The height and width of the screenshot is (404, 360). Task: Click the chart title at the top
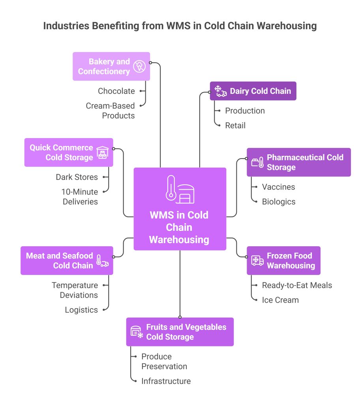pos(180,26)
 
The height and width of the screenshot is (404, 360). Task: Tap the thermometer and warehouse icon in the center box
pos(180,189)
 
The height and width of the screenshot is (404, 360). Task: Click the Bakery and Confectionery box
pos(111,66)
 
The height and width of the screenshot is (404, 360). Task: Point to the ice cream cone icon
pos(139,66)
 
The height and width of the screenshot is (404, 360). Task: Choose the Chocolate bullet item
pos(116,91)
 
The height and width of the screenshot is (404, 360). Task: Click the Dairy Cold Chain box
pos(253,91)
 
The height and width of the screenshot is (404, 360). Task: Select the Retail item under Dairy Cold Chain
pos(235,125)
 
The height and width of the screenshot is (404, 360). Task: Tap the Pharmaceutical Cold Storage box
pos(298,162)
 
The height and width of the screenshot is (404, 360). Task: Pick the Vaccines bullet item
pos(278,187)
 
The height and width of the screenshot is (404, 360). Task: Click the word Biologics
pos(279,202)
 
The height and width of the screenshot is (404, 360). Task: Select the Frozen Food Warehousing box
pos(283,260)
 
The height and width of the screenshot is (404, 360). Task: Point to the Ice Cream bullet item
pos(280,300)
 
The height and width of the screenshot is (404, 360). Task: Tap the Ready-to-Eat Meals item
pos(297,285)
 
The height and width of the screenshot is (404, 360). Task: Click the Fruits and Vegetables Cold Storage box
pos(180,332)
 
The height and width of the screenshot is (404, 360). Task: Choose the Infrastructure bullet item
pos(166,381)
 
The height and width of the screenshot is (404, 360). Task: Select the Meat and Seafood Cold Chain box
pos(67,260)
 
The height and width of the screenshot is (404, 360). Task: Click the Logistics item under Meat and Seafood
pos(81,310)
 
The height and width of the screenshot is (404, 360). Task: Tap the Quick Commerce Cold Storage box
pos(69,152)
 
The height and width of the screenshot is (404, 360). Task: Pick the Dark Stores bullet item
pos(77,177)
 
